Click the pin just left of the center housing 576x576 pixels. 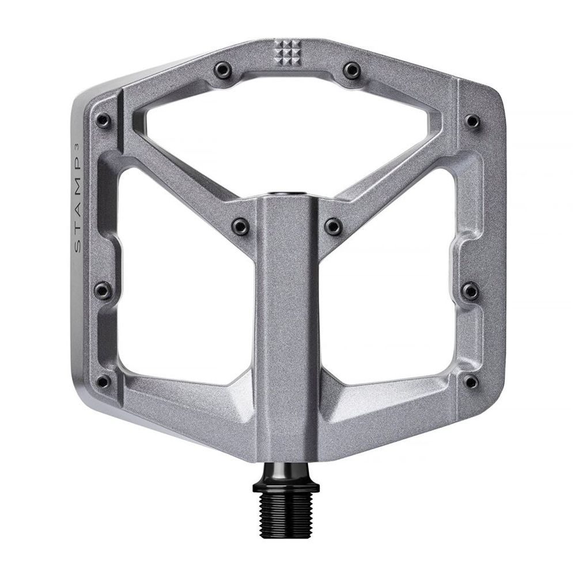[239, 225]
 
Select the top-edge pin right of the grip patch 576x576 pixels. [350, 70]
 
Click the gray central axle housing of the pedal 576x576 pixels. [286, 346]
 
